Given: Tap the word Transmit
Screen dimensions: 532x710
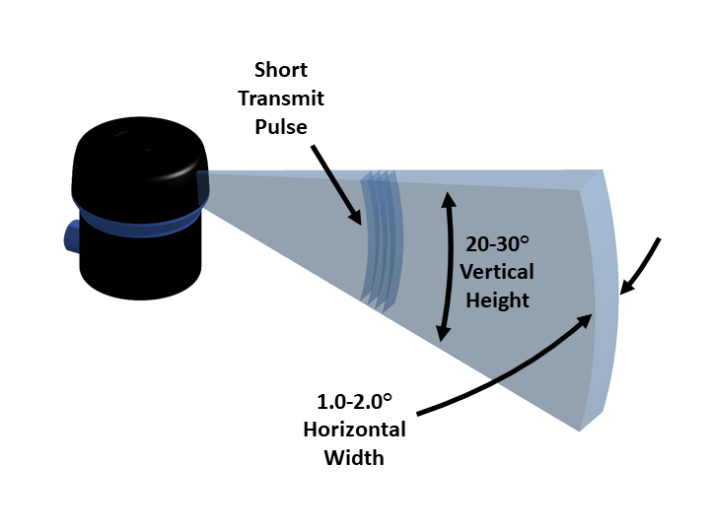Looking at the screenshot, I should click(288, 99).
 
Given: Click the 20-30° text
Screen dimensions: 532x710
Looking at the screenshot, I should click(498, 242).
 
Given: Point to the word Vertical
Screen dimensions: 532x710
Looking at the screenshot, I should click(498, 271).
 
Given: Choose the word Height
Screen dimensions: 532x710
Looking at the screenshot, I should click(498, 299).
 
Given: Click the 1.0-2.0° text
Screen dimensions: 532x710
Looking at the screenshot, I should click(354, 402).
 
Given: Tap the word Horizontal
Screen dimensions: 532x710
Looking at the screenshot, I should click(354, 431).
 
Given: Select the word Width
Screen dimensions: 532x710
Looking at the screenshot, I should click(354, 459).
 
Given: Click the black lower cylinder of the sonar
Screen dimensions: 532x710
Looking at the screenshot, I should click(138, 261).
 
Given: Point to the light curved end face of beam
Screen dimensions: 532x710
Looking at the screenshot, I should click(602, 296).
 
